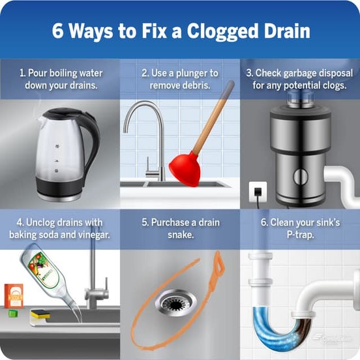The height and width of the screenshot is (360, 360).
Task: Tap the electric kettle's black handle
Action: pyautogui.click(x=92, y=140)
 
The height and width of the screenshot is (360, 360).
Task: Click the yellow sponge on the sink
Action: pyautogui.click(x=40, y=314)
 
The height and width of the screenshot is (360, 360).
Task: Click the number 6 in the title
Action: pyautogui.click(x=57, y=31)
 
